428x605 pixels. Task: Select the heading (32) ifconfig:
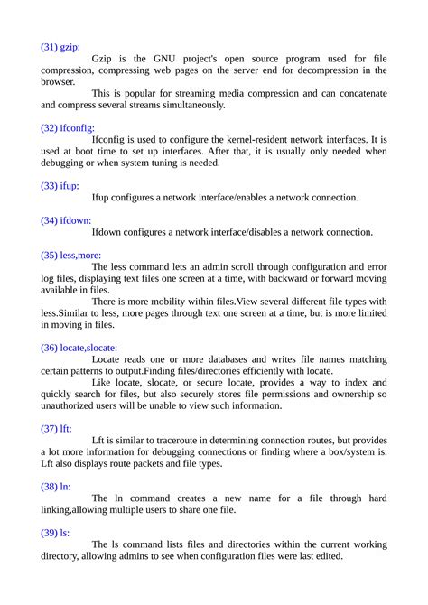68,127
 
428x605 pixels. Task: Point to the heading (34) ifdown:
66,219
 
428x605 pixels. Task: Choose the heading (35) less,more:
71,255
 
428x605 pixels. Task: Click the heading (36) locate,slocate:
79,347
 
